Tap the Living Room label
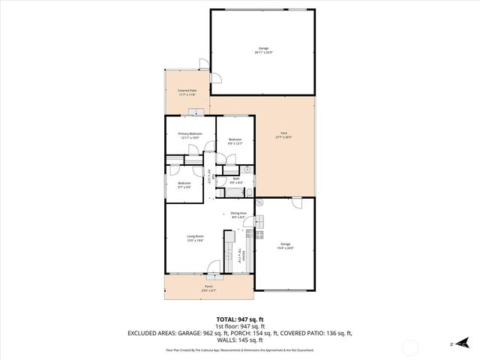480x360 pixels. [x=196, y=238]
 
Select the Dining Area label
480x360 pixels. [x=238, y=215]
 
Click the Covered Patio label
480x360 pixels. [x=187, y=93]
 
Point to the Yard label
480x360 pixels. [x=283, y=136]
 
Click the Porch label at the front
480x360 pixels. [x=208, y=288]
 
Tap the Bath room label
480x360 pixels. [x=235, y=180]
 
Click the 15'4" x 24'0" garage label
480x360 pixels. [x=285, y=245]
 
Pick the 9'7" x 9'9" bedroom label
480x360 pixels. [x=184, y=184]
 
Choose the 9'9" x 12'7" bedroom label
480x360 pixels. [x=235, y=141]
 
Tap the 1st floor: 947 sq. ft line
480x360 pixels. [x=240, y=327]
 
